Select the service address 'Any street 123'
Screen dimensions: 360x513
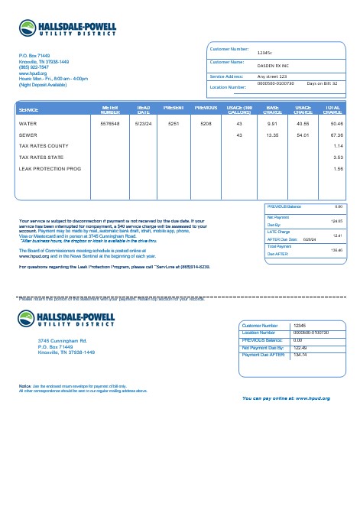[272, 77]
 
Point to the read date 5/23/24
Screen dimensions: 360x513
[143, 123]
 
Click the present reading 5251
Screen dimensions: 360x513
[174, 123]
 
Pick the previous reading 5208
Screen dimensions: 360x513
[206, 123]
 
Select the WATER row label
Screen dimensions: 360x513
[28, 123]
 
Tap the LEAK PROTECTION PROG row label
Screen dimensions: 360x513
[50, 168]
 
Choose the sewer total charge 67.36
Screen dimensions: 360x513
[336, 135]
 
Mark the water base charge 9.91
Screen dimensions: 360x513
[271, 123]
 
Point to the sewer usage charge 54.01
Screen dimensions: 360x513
[302, 135]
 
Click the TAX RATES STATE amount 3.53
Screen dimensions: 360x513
[338, 157]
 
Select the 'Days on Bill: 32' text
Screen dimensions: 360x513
[322, 83]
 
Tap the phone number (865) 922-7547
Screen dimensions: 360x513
[33, 67]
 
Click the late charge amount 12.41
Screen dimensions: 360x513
[336, 235]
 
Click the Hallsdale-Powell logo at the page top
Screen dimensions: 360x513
[68, 31]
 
